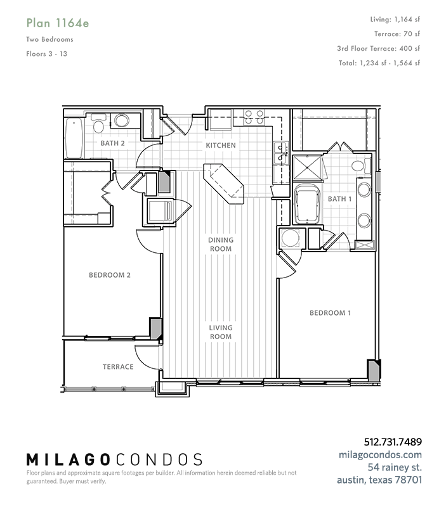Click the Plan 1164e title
(x=58, y=23)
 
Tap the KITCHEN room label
(x=221, y=146)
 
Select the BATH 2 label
(x=112, y=143)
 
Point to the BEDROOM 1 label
(x=330, y=313)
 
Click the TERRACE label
(x=118, y=367)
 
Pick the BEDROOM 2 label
(x=110, y=275)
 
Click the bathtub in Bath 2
(x=74, y=138)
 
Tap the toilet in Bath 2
(x=98, y=123)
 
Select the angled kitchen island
(x=223, y=183)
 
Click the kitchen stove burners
(x=254, y=117)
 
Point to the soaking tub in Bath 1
(x=307, y=203)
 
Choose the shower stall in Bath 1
(x=308, y=167)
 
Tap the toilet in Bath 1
(x=361, y=166)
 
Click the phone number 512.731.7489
(x=393, y=442)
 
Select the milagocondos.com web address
(x=380, y=455)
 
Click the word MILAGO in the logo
(x=68, y=460)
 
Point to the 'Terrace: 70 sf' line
(x=397, y=34)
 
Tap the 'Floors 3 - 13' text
(x=46, y=54)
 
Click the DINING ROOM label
(x=221, y=245)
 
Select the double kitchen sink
(x=280, y=153)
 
